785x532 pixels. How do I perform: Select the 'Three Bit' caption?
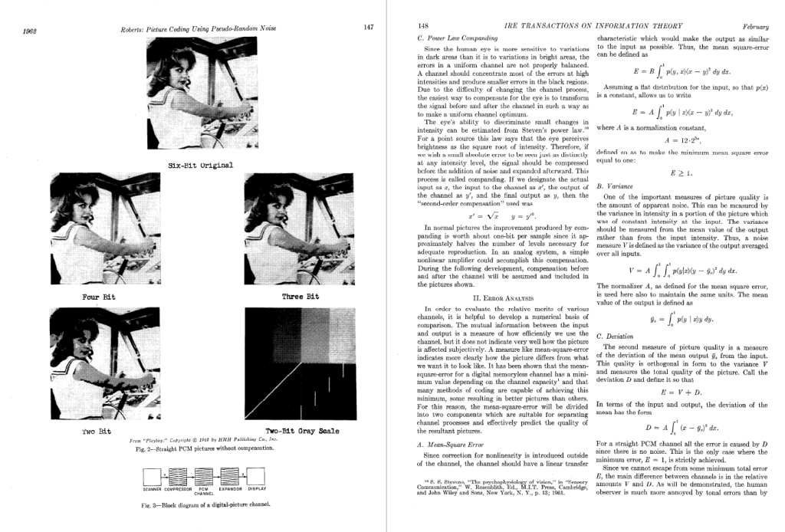301,295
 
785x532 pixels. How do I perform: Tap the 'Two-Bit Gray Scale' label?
302,431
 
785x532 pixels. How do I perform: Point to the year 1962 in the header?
31,31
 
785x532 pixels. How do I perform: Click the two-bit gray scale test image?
294,363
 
